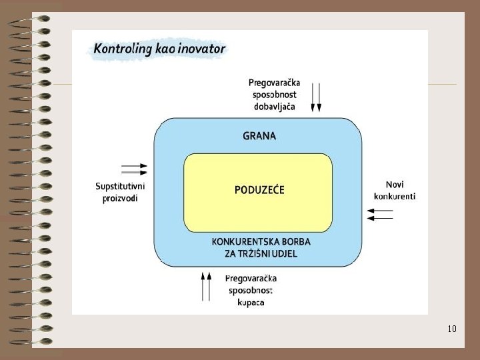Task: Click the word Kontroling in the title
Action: coord(121,49)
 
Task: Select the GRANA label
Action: coord(259,136)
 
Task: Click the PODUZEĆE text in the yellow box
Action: coord(259,190)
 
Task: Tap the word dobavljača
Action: coord(274,106)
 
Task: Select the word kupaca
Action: coord(251,302)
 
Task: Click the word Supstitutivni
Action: coord(120,186)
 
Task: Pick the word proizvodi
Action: coord(120,198)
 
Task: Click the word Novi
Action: coord(395,184)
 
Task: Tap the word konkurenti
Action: coord(395,196)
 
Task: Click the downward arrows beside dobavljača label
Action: coord(317,97)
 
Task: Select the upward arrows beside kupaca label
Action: coord(206,286)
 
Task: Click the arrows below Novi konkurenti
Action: coord(380,214)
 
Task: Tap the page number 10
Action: coord(452,329)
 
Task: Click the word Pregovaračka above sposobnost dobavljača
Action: coord(274,83)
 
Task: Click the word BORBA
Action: coord(296,241)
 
